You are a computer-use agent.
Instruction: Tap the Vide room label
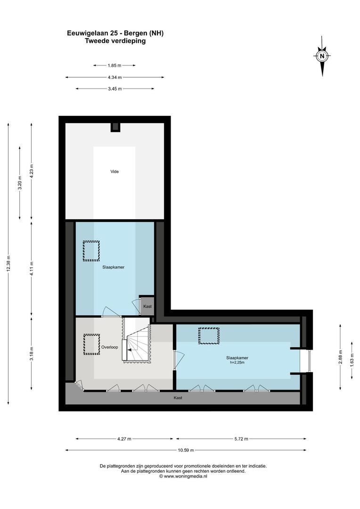click(x=115, y=172)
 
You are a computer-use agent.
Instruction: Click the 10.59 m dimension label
click(x=186, y=450)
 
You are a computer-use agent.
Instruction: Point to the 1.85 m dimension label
click(x=115, y=66)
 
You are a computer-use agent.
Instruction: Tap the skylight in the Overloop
click(x=91, y=344)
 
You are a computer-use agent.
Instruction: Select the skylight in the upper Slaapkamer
click(x=91, y=251)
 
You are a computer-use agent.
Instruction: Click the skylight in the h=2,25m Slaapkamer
click(x=209, y=336)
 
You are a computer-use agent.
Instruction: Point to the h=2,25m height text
click(x=237, y=362)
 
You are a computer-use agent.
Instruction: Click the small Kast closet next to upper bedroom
click(x=147, y=306)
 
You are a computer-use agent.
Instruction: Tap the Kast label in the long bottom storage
click(x=178, y=398)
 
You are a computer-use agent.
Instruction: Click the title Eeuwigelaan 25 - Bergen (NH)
click(x=115, y=33)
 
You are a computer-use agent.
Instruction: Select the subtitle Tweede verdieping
click(x=115, y=41)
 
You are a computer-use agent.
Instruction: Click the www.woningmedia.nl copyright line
click(x=183, y=476)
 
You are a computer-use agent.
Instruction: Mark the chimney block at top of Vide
click(x=115, y=127)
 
